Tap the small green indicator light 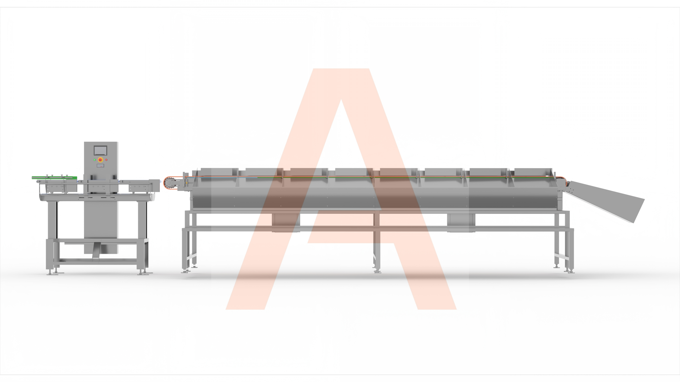point(95,160)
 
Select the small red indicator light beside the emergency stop point(106,160)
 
